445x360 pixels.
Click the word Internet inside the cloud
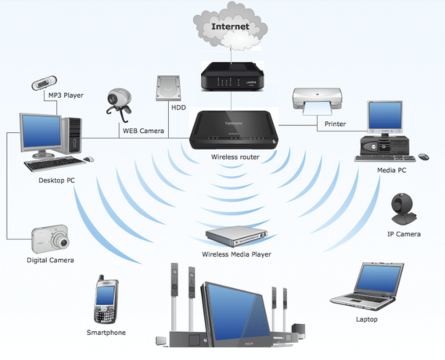tap(230, 27)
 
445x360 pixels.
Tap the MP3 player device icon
tap(44, 83)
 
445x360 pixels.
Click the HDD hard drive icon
tap(168, 88)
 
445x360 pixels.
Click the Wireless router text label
tap(235, 157)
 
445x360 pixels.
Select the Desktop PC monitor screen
tap(41, 131)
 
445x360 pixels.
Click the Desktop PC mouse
tap(89, 160)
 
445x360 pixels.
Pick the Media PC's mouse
tap(423, 157)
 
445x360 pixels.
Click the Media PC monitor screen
tap(385, 116)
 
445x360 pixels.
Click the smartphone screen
tap(105, 295)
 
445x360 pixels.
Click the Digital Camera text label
tap(50, 260)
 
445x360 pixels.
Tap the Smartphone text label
tap(106, 333)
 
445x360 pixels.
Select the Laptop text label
tap(367, 320)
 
